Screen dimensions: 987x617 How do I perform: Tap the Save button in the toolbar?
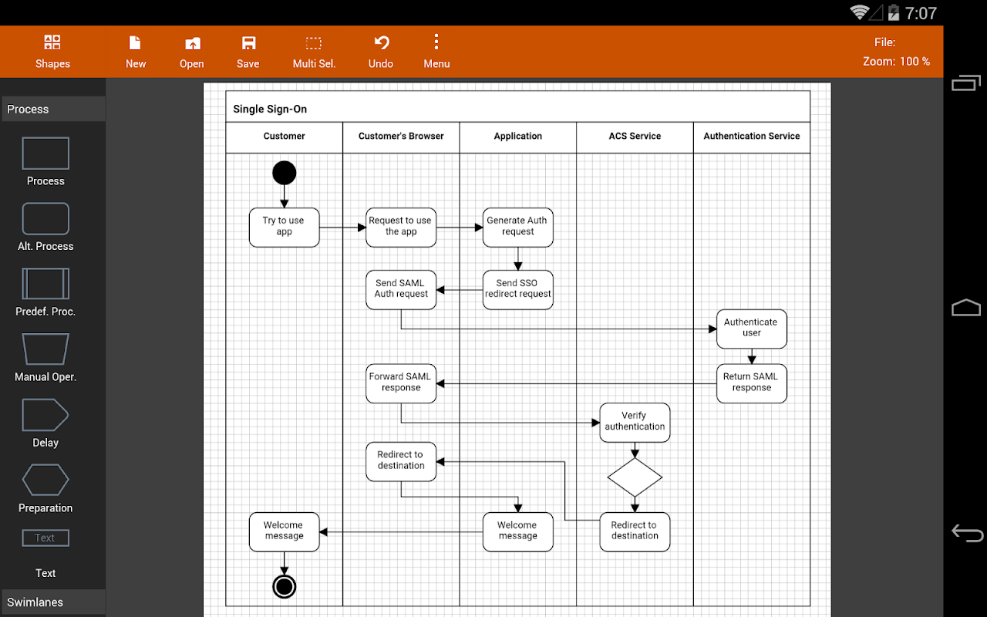pyautogui.click(x=248, y=52)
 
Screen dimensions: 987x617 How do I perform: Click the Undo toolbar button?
pyautogui.click(x=381, y=52)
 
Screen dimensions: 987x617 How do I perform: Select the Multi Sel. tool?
pyautogui.click(x=314, y=52)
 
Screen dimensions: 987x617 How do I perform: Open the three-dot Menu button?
pyautogui.click(x=436, y=52)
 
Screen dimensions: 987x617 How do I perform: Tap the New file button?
pyautogui.click(x=135, y=52)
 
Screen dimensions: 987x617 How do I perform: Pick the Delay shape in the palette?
pyautogui.click(x=45, y=415)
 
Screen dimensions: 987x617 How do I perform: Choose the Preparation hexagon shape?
pyautogui.click(x=45, y=480)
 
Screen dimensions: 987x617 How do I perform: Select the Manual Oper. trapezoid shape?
pyautogui.click(x=45, y=349)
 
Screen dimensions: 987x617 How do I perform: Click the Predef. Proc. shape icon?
pyautogui.click(x=45, y=284)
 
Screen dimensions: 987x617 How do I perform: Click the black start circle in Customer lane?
pyautogui.click(x=285, y=172)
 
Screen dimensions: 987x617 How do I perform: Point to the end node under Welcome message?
pyautogui.click(x=285, y=587)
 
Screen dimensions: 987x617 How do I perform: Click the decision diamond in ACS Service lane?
pyautogui.click(x=635, y=477)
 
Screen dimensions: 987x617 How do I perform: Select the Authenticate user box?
pyautogui.click(x=751, y=329)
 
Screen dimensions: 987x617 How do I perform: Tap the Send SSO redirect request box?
pyautogui.click(x=517, y=289)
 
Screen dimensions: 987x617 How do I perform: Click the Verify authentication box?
pyautogui.click(x=635, y=422)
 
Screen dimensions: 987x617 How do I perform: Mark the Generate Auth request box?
pyautogui.click(x=517, y=228)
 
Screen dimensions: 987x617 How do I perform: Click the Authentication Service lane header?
pyautogui.click(x=752, y=137)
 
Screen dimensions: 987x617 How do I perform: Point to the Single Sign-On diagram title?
pyautogui.click(x=270, y=109)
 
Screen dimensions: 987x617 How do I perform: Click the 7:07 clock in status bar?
pyautogui.click(x=921, y=13)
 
